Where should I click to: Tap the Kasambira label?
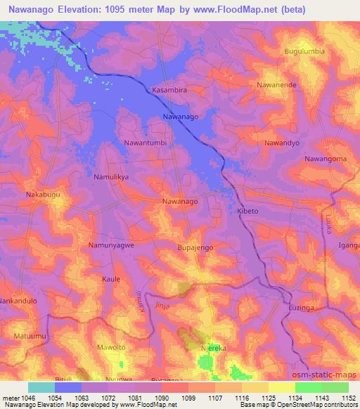(170, 91)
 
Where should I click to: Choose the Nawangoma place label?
(326, 160)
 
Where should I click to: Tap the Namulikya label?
(112, 178)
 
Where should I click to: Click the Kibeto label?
(247, 211)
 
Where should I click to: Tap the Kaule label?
(111, 279)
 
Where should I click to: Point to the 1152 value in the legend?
(347, 398)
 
